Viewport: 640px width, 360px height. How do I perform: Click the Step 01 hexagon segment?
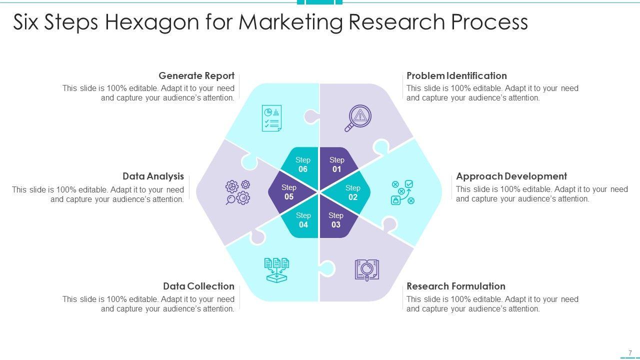click(x=337, y=164)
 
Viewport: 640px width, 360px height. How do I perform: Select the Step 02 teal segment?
click(x=353, y=192)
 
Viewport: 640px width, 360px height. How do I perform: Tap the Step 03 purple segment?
click(x=336, y=220)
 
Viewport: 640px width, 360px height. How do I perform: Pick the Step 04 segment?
click(x=303, y=220)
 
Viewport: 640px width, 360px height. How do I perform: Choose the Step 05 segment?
click(x=288, y=192)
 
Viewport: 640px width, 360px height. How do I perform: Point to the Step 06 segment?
click(x=302, y=164)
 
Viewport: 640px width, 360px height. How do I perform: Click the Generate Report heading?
click(x=196, y=76)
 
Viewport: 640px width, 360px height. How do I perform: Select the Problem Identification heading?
click(x=456, y=76)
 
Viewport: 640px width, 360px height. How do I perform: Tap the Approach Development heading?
click(x=511, y=176)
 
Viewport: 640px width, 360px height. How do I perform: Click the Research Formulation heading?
click(x=456, y=286)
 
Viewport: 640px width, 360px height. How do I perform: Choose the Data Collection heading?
click(x=198, y=286)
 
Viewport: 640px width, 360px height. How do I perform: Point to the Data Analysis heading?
click(x=153, y=176)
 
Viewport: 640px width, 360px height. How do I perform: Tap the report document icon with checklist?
click(x=271, y=118)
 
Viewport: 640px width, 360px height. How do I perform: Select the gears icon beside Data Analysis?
click(x=237, y=192)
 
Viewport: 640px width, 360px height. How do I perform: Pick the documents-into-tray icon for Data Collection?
click(x=276, y=270)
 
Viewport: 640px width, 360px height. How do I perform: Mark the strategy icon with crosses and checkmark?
click(x=402, y=192)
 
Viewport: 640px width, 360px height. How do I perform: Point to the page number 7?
click(x=630, y=352)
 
